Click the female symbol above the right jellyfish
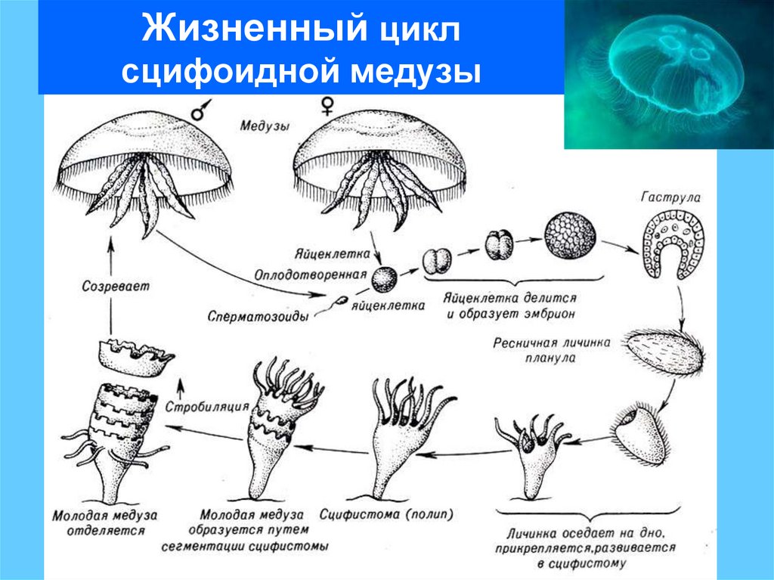pos(327,107)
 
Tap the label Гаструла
pos(670,197)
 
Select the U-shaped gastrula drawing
pos(673,245)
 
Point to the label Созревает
pos(115,287)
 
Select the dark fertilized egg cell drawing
pos(383,281)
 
